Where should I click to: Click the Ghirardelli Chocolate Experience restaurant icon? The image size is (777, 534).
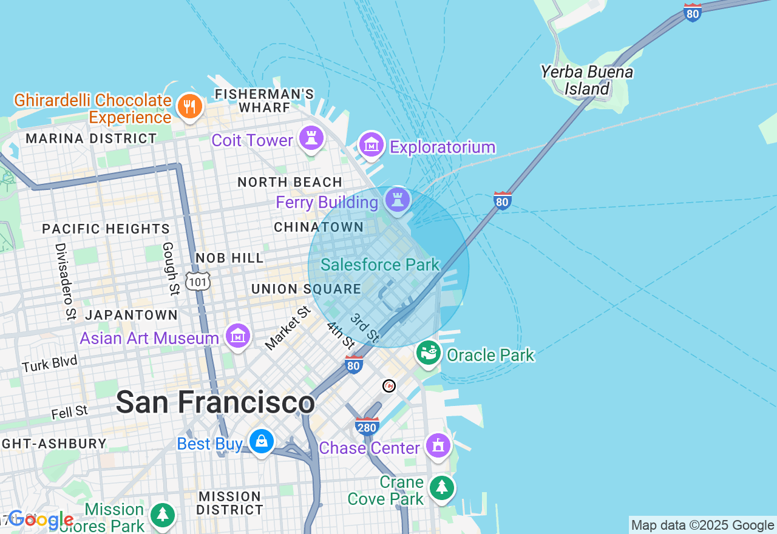189,107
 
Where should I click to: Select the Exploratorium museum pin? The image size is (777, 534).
371,145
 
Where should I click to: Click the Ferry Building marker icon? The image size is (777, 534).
398,200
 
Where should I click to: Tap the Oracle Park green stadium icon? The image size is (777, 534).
429,353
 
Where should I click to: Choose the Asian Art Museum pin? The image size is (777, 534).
238,336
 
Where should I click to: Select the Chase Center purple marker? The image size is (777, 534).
438,446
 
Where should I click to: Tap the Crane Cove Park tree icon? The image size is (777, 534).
442,488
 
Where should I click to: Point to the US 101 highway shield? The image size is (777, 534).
198,281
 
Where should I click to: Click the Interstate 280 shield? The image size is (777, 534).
367,426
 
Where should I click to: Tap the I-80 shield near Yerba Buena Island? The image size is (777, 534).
693,13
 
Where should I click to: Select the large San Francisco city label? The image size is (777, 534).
215,402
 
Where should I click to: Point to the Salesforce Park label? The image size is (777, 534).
379,265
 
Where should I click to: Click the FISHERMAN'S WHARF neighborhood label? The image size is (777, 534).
264,101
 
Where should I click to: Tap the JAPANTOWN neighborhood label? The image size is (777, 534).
131,316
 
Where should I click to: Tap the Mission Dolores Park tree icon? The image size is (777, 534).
162,515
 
